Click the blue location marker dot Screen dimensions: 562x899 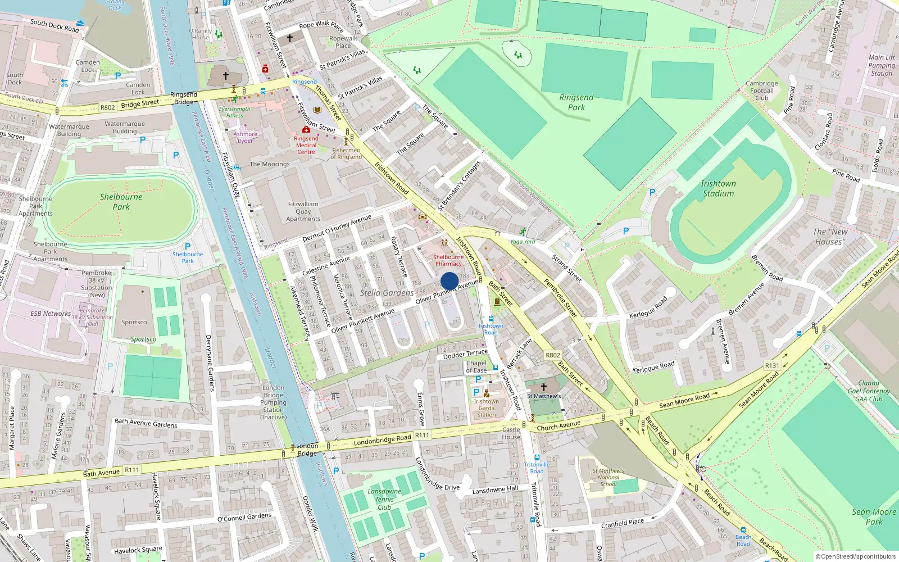pyautogui.click(x=449, y=281)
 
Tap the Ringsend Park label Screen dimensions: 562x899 pyautogui.click(x=576, y=102)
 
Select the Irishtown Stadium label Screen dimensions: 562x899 pyautogui.click(x=718, y=188)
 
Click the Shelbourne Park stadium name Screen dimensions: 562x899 pyautogui.click(x=121, y=202)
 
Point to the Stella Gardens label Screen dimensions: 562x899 pyautogui.click(x=387, y=293)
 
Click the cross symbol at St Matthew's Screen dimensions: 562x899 pyautogui.click(x=543, y=387)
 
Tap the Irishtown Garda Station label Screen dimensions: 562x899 pyautogui.click(x=486, y=408)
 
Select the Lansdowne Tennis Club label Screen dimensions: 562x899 pyautogui.click(x=384, y=499)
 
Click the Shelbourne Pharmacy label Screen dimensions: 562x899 pyautogui.click(x=448, y=260)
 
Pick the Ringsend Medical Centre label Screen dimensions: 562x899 pyautogui.click(x=306, y=145)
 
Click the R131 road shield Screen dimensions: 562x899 pyautogui.click(x=772, y=365)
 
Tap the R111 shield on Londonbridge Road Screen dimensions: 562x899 pyautogui.click(x=422, y=435)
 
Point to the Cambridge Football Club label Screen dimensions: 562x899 pyautogui.click(x=762, y=90)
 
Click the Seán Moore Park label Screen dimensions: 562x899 pyautogui.click(x=874, y=516)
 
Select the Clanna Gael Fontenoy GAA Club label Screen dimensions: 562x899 pyautogui.click(x=869, y=391)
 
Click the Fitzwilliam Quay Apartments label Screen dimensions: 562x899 pyautogui.click(x=303, y=211)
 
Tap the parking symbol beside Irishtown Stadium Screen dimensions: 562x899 pyautogui.click(x=652, y=192)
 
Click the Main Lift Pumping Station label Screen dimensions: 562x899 pyautogui.click(x=881, y=65)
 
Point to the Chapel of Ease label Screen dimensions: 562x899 pyautogui.click(x=476, y=366)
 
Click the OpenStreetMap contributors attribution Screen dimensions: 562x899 pyautogui.click(x=855, y=556)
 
